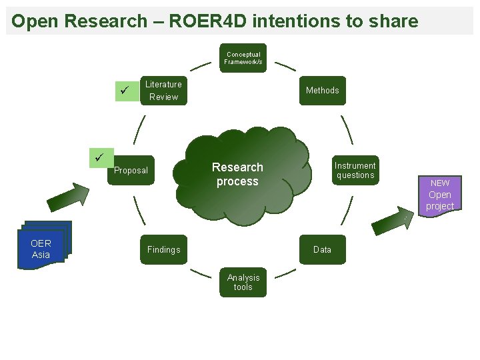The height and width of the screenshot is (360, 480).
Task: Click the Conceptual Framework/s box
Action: (243, 58)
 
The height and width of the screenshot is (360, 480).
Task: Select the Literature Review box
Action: (163, 91)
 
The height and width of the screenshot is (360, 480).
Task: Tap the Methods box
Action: (322, 90)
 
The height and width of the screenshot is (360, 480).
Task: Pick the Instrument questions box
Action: (355, 171)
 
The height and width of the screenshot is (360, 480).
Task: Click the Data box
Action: (322, 249)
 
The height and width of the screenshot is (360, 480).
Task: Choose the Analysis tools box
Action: (243, 283)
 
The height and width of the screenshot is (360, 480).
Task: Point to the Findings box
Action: (163, 249)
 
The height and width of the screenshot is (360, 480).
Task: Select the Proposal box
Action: (131, 171)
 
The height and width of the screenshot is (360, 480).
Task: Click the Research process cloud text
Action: (237, 174)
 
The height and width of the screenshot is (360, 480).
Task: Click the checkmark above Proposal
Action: (100, 157)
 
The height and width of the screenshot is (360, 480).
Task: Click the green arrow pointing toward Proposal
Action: (67, 197)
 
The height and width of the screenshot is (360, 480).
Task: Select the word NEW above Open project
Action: (440, 183)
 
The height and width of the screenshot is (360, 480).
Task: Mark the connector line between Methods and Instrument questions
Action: (347, 129)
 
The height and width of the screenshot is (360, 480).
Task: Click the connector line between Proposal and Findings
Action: (139, 209)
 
